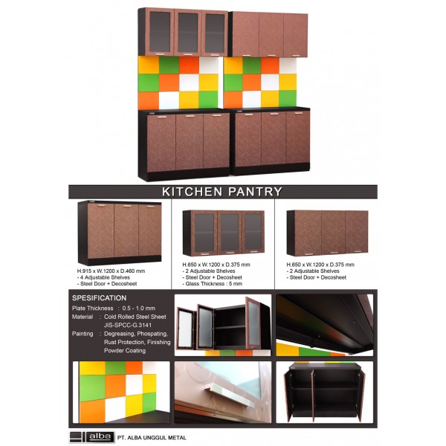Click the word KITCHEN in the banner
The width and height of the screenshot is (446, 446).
tap(192, 192)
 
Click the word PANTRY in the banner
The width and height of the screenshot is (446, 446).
tap(255, 192)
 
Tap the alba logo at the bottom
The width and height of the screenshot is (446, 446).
tap(91, 437)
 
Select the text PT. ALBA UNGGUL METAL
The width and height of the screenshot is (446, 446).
tap(152, 438)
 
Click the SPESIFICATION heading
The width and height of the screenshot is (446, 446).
tap(100, 298)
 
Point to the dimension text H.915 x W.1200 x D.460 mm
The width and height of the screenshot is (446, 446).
tap(111, 271)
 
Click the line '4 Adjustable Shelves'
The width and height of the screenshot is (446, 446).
tap(103, 277)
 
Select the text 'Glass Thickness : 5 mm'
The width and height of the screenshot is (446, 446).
tap(213, 284)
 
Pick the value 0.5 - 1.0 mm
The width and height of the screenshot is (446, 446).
tap(138, 308)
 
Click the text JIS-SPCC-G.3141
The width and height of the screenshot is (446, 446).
tap(128, 325)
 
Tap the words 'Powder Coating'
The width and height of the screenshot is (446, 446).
tap(125, 350)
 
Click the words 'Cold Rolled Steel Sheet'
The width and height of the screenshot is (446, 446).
tap(135, 317)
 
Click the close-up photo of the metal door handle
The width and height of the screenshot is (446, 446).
tap(223, 392)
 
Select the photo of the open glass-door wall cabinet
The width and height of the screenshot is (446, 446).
tap(223, 325)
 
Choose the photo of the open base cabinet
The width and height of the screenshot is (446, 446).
tap(325, 392)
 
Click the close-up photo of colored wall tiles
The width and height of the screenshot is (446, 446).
tap(121, 392)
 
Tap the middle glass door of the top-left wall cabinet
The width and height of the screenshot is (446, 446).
tap(188, 33)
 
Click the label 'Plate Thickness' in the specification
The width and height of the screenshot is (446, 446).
tap(92, 308)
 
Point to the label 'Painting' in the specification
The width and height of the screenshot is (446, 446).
tap(83, 334)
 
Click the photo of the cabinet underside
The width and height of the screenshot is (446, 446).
tap(325, 325)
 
